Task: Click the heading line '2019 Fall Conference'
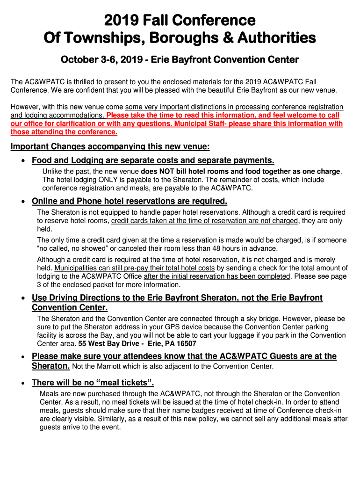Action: tap(180, 21)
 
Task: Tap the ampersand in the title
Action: tap(248, 37)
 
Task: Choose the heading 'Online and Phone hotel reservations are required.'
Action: tap(130, 201)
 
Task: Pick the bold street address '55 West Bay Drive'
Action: tap(107, 344)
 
